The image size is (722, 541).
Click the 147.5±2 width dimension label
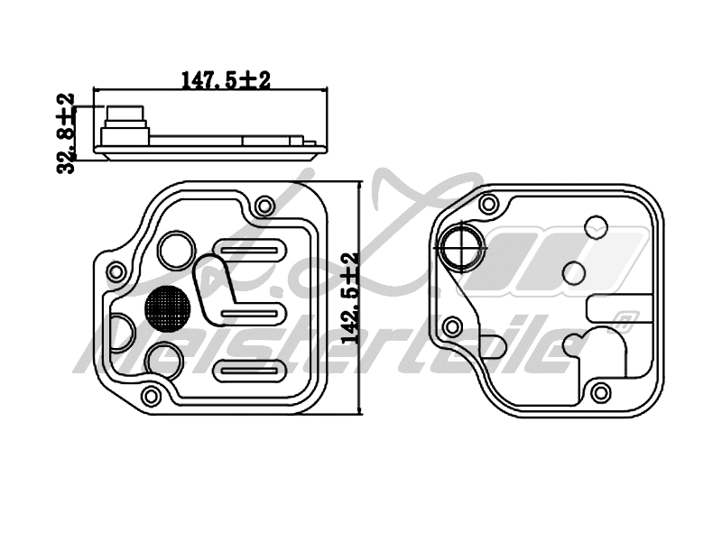(226, 81)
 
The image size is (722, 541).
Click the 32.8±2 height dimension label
(65, 133)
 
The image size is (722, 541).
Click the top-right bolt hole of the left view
(264, 206)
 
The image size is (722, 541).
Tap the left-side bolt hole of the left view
(115, 271)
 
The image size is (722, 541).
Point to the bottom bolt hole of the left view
(152, 394)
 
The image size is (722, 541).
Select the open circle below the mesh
(165, 360)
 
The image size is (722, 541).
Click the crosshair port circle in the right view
(461, 243)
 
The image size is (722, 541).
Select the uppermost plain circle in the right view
(597, 225)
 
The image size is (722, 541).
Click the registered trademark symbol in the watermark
(624, 317)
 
